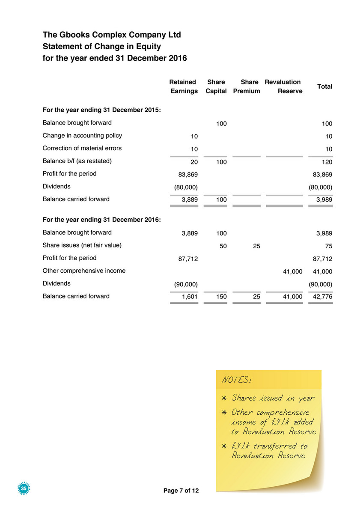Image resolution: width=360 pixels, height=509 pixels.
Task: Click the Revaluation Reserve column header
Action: (283, 86)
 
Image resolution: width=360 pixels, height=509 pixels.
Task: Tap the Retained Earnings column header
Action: (184, 86)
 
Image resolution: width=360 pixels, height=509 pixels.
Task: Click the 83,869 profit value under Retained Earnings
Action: (187, 174)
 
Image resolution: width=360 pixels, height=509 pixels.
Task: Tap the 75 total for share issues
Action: (328, 246)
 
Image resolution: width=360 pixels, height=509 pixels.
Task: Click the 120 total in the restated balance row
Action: (327, 162)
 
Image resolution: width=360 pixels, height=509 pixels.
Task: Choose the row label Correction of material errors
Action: (82, 148)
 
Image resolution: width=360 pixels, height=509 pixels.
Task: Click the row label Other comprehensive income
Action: (84, 271)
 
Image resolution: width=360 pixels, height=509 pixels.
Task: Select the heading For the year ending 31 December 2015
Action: (102, 110)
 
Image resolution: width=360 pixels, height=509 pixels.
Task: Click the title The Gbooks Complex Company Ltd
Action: (112, 34)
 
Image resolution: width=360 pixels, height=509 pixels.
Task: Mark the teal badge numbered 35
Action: (24, 488)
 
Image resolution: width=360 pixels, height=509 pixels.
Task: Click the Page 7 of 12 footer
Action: (181, 491)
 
